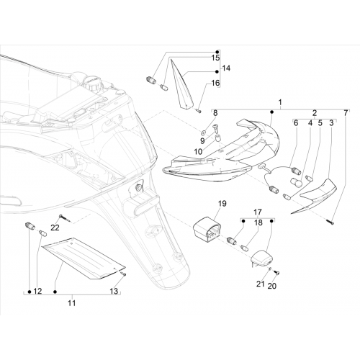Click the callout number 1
[280, 102]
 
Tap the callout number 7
[346, 113]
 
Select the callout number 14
[226, 68]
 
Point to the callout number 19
[222, 204]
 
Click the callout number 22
[55, 228]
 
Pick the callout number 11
[71, 303]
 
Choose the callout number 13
[114, 291]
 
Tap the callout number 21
[260, 284]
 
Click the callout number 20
[272, 286]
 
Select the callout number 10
[198, 152]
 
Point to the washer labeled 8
[204, 132]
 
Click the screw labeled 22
[64, 219]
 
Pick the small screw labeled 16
[199, 110]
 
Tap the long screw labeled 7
[330, 222]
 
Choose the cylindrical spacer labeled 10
[218, 138]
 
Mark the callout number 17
[257, 212]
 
